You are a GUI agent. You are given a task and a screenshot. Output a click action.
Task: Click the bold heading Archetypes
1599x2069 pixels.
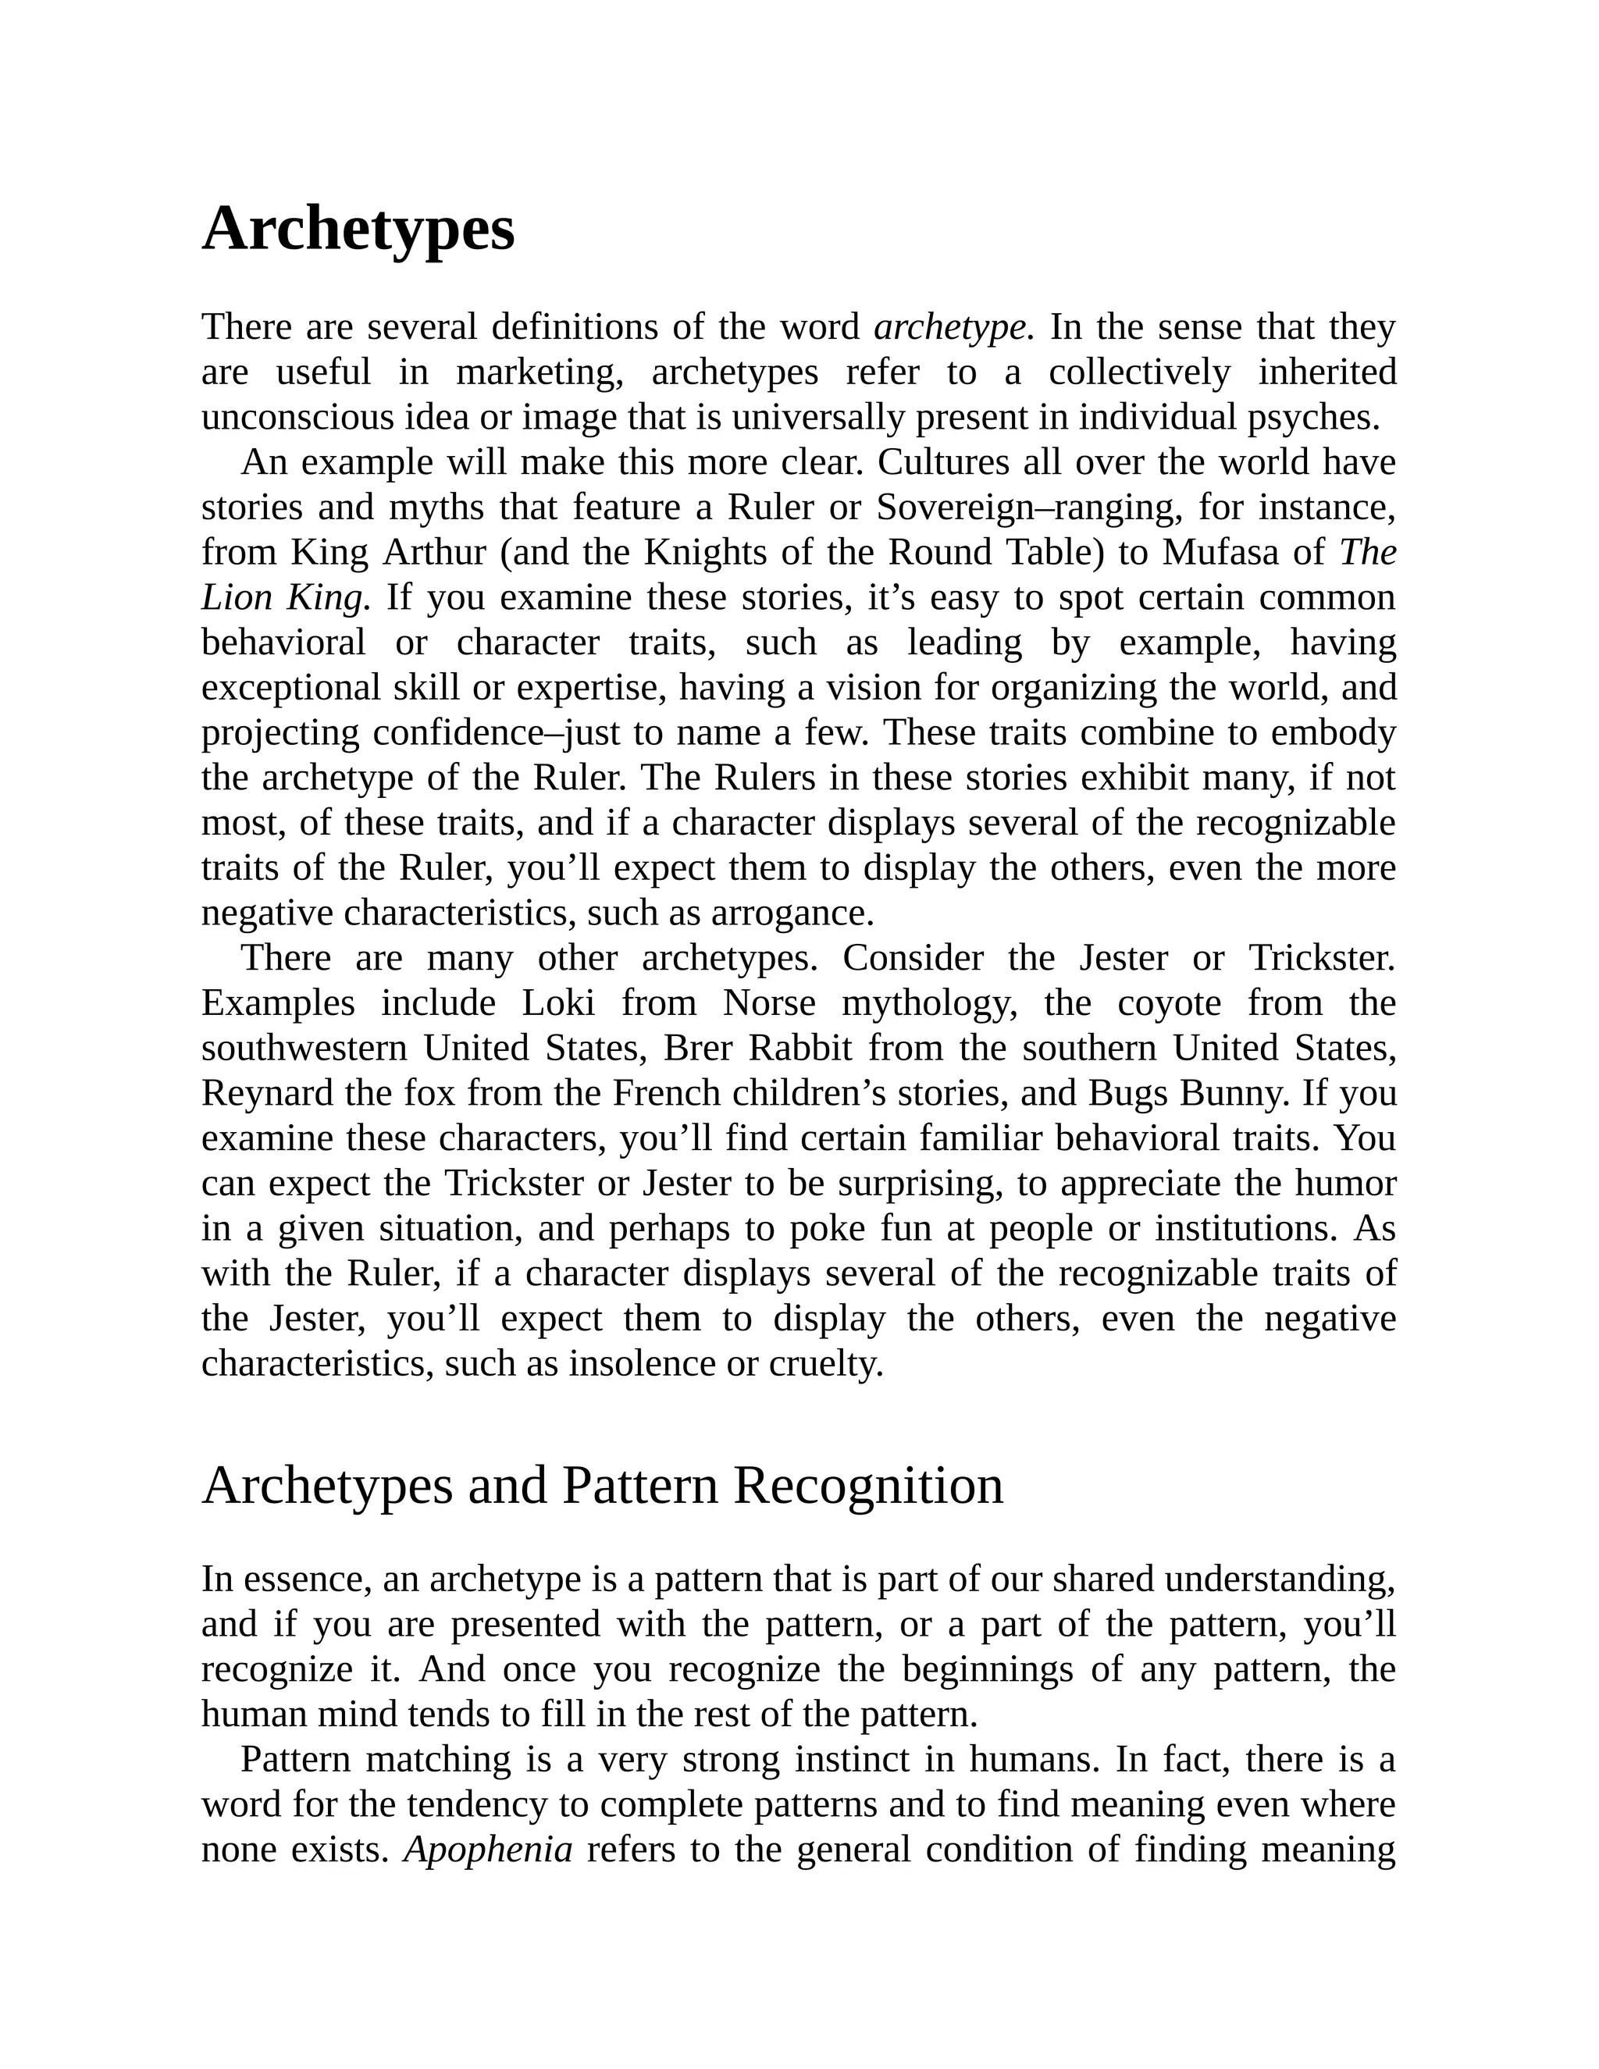[x=358, y=230]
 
